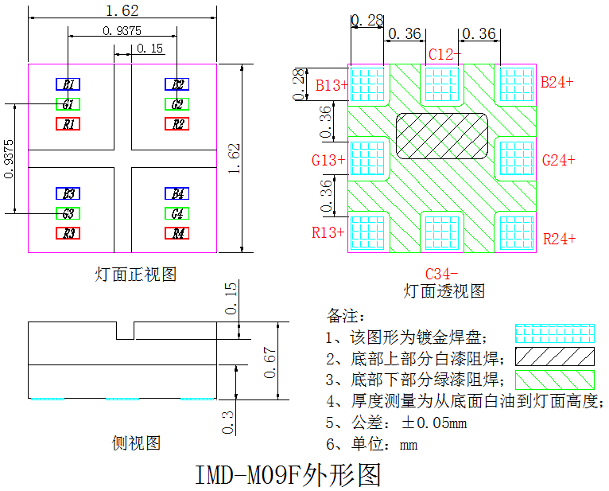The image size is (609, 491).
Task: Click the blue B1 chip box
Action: (x=68, y=84)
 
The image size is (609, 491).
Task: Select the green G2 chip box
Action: (x=177, y=104)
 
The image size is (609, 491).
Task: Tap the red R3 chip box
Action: (x=68, y=233)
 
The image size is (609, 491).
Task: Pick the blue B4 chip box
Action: (x=177, y=194)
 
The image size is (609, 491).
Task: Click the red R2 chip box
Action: (x=177, y=124)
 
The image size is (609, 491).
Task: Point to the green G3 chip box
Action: (x=68, y=213)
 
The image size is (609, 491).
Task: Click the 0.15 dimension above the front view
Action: (x=149, y=49)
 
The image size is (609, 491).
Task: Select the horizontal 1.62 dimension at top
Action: (x=122, y=10)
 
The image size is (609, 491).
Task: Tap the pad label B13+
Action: (x=332, y=84)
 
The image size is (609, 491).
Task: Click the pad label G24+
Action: (x=558, y=160)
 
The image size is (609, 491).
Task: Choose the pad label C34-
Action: (x=442, y=273)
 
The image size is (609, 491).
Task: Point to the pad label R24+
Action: (x=558, y=239)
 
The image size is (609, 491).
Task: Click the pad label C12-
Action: (x=444, y=55)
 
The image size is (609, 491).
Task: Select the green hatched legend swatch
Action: (x=554, y=378)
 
